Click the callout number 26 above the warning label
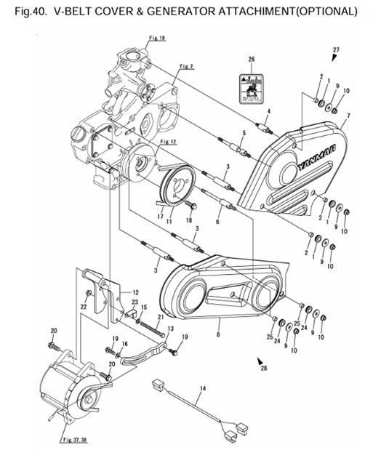(251, 59)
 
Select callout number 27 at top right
(336, 49)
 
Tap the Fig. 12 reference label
(168, 140)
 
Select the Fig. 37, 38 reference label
(73, 439)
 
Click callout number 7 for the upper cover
(350, 116)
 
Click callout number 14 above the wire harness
(204, 390)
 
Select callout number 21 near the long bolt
(160, 317)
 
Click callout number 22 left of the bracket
(84, 306)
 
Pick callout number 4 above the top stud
(268, 111)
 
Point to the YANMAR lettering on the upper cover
(298, 160)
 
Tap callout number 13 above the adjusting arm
(170, 329)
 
